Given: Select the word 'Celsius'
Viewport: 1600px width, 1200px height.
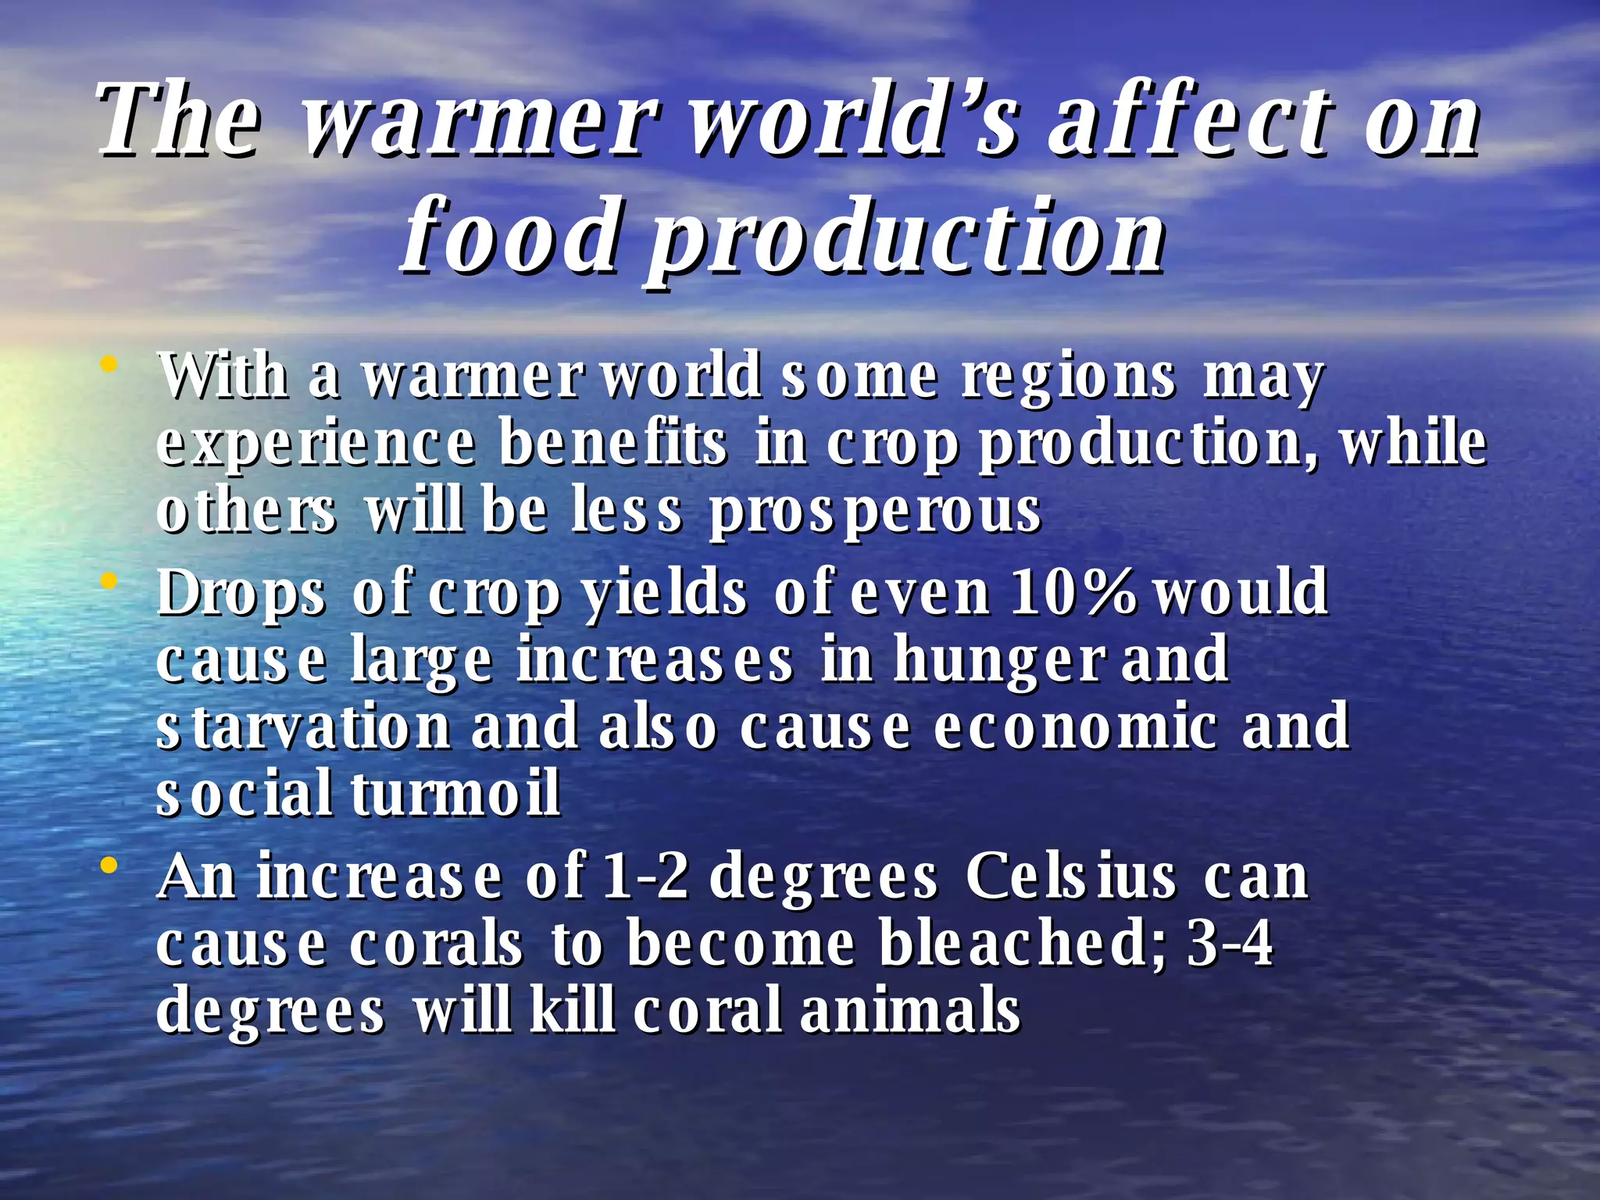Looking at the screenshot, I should [x=1070, y=877].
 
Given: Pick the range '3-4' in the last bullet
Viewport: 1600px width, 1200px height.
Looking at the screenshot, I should [x=1230, y=944].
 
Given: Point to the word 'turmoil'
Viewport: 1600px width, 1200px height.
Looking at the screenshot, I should [x=455, y=794].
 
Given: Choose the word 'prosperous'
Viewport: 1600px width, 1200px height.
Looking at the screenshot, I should [x=874, y=512].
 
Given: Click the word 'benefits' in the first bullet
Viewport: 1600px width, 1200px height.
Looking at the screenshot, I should [x=613, y=445].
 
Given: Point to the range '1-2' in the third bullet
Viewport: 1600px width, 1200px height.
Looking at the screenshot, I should [x=645, y=877].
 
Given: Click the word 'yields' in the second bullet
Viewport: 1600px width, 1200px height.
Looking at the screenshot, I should [x=665, y=593].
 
